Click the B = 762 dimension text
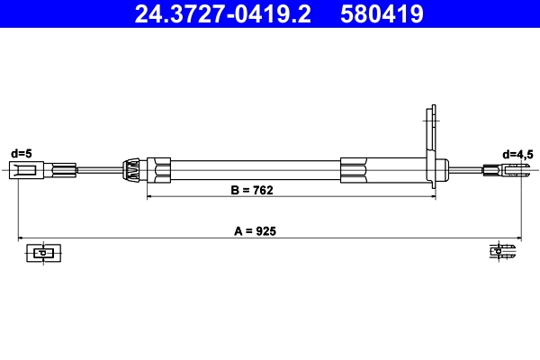[x=252, y=191]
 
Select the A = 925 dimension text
[x=255, y=231]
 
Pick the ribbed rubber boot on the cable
[x=131, y=169]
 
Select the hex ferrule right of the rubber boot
[x=162, y=169]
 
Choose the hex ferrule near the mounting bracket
[x=354, y=169]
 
